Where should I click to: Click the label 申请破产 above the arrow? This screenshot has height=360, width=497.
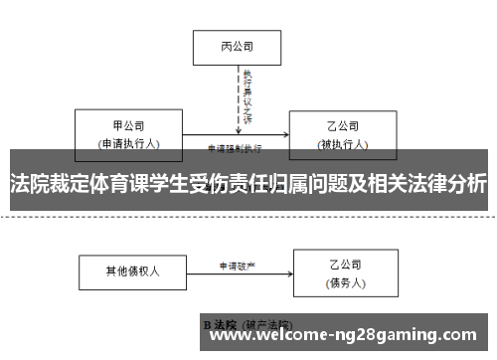coord(237,266)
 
